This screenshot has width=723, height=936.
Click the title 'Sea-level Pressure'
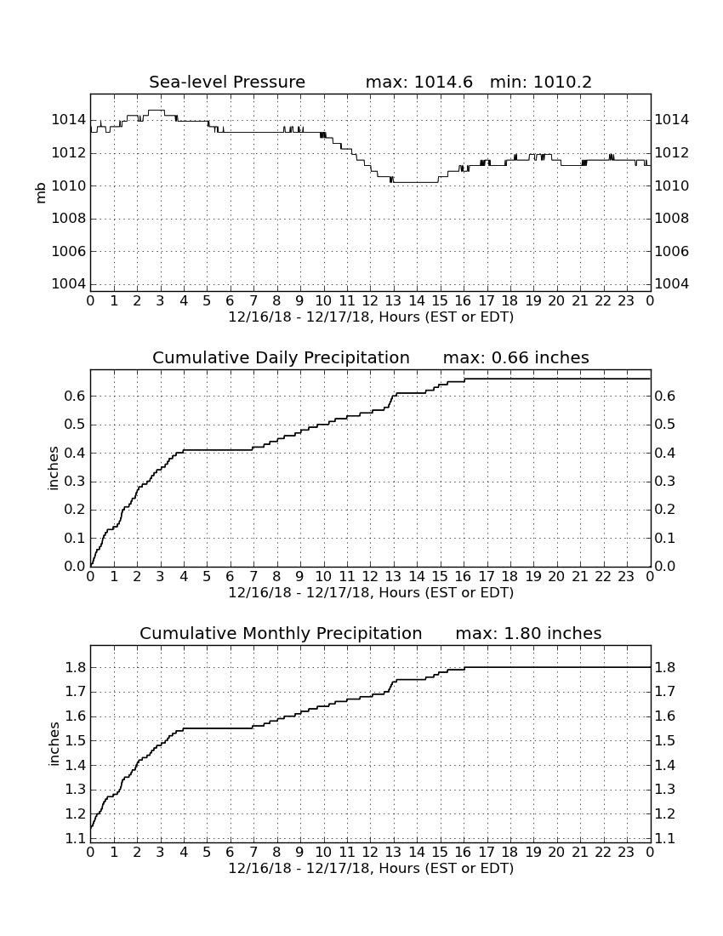click(x=227, y=82)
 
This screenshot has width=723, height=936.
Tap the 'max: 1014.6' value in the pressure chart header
click(x=418, y=82)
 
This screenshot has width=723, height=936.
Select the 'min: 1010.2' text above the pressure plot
click(x=540, y=82)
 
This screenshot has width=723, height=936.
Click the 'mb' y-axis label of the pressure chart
click(x=41, y=193)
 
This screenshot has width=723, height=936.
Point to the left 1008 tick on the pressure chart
click(x=68, y=219)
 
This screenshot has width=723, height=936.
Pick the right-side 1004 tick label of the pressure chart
click(x=672, y=283)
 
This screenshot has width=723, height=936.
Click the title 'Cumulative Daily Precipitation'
click(x=281, y=357)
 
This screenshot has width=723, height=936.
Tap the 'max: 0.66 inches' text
click(x=516, y=357)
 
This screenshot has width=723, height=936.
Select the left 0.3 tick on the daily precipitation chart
click(x=75, y=481)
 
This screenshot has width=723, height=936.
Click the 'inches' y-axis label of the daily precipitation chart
click(x=54, y=469)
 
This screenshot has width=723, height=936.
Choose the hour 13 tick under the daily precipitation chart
click(x=393, y=577)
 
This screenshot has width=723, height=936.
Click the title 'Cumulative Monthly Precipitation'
click(x=281, y=633)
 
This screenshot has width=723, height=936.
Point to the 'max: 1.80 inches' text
click(x=528, y=633)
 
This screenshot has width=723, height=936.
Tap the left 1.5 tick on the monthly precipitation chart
click(x=75, y=741)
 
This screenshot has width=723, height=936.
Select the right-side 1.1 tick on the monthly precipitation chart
click(x=665, y=838)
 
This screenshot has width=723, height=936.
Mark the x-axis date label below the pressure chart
click(x=371, y=317)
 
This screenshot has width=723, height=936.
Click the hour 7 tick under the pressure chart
click(x=253, y=301)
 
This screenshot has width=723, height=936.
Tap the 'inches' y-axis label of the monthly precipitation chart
click(x=54, y=745)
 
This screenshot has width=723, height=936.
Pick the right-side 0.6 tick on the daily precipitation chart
click(x=665, y=396)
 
